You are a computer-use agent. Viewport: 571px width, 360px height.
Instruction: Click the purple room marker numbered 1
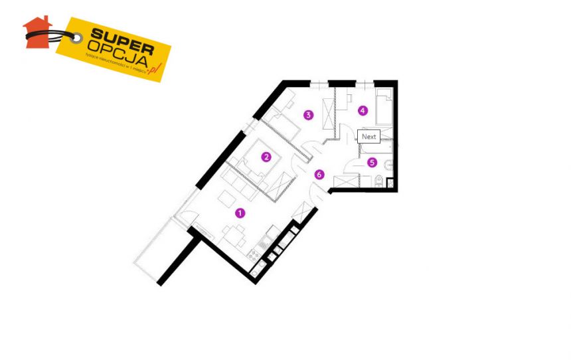click(x=240, y=213)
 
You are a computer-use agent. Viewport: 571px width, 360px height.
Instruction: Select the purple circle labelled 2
click(x=266, y=157)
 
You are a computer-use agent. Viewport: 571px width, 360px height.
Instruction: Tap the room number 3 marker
click(x=308, y=114)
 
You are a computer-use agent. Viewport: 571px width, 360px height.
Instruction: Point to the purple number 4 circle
click(x=362, y=110)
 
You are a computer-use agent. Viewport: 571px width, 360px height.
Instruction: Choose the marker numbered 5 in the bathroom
click(x=372, y=161)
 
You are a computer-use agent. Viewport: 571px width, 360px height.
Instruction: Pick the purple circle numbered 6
click(x=319, y=175)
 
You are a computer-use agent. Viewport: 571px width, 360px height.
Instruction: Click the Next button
click(x=368, y=137)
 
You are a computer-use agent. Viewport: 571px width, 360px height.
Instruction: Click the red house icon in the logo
click(x=37, y=31)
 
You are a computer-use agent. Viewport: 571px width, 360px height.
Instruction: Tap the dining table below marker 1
click(x=235, y=234)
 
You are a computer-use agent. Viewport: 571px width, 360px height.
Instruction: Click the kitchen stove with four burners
click(x=253, y=254)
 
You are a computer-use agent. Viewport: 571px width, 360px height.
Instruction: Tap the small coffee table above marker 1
click(x=226, y=197)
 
